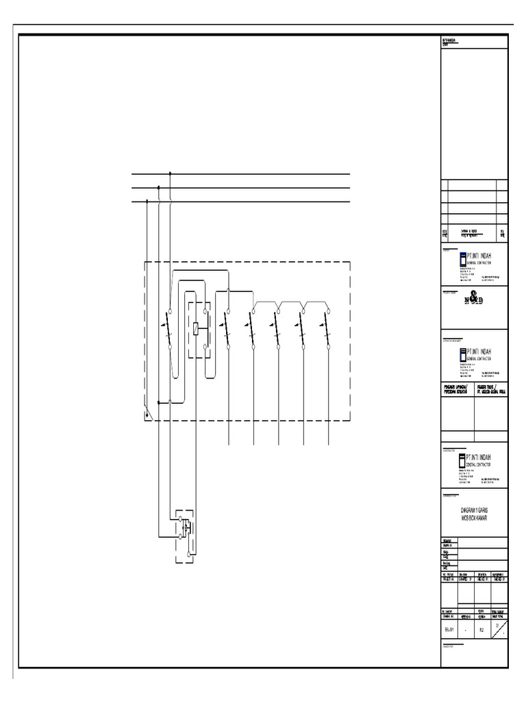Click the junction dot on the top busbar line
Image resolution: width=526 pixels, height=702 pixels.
[170, 174]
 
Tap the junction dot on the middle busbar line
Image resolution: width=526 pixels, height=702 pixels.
[158, 187]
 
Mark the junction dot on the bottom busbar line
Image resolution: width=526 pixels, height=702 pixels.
[147, 202]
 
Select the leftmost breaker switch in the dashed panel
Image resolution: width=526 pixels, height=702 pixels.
[169, 330]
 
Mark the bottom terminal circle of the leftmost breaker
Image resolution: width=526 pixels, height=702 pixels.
[170, 348]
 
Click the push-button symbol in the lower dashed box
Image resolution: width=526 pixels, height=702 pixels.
[186, 528]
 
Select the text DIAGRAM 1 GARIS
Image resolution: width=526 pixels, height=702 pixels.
[474, 511]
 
